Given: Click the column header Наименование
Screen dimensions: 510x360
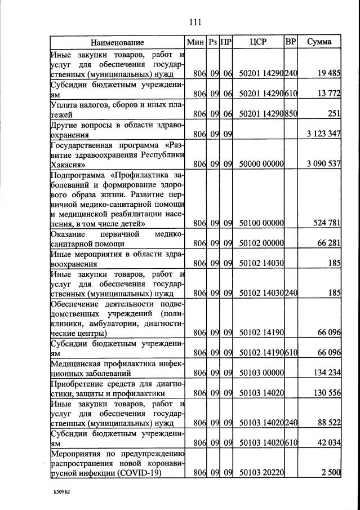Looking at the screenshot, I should pos(117,42).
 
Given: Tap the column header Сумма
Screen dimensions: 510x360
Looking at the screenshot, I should pos(319,42).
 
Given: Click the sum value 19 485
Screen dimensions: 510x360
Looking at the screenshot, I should pos(328,73).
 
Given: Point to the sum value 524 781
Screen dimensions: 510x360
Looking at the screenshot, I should pos(327,223).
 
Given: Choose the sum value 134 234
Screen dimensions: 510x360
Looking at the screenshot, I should pos(327,372).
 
